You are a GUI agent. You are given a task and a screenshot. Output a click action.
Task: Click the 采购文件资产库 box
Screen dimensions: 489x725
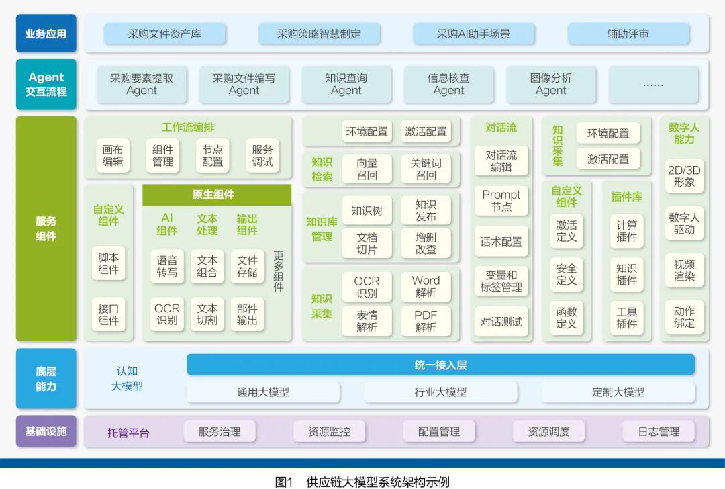164,34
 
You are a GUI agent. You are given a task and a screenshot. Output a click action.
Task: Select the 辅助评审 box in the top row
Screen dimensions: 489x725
628,34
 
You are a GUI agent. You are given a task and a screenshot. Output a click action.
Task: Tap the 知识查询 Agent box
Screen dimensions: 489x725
346,84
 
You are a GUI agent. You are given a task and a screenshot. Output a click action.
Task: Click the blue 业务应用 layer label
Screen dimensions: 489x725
46,34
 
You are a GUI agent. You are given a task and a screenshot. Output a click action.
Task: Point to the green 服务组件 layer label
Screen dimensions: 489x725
46,228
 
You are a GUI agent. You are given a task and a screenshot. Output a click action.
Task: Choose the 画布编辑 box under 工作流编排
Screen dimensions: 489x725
113,156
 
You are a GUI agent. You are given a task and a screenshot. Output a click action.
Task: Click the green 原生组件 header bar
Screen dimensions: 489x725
217,195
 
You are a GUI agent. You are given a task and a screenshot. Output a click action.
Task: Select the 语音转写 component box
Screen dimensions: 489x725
167,267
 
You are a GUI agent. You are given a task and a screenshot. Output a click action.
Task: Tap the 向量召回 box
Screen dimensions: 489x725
367,169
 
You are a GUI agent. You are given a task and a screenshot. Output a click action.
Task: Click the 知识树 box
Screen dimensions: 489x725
367,210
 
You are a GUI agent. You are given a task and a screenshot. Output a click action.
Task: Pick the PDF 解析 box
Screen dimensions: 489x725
426,321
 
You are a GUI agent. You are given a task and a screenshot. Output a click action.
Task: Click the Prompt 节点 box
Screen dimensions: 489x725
501,201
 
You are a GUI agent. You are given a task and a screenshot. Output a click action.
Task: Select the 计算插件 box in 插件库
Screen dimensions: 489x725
626,231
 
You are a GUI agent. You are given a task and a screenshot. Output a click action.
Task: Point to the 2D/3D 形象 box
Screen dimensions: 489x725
684,176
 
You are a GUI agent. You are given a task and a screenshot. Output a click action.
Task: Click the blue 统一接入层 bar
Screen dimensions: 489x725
440,365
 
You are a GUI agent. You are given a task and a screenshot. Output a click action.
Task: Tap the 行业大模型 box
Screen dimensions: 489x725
440,392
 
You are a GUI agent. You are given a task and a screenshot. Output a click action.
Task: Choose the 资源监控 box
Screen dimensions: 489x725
329,431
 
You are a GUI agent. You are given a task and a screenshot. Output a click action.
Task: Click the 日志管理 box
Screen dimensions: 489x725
659,431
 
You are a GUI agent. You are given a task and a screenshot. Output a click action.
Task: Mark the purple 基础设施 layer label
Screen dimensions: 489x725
46,431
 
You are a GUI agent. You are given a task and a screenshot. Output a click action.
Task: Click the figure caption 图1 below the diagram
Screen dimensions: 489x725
285,482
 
